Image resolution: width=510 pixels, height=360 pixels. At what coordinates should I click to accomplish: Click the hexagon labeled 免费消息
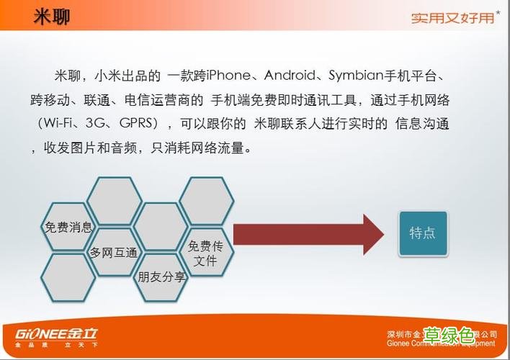click(x=68, y=228)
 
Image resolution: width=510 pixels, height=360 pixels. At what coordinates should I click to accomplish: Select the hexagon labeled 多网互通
click(x=113, y=253)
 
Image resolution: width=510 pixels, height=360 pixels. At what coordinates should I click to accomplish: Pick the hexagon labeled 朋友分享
click(x=161, y=276)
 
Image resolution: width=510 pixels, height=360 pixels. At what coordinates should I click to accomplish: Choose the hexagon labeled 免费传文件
click(x=206, y=253)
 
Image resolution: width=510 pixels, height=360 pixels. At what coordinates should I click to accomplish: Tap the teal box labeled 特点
click(x=423, y=233)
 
